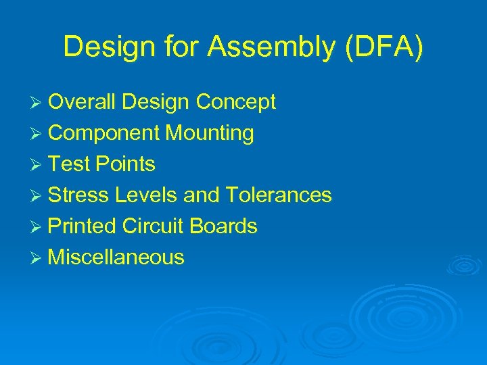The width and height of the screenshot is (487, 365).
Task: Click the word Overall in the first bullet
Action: point(85,102)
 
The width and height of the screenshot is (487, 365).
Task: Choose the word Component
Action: point(105,133)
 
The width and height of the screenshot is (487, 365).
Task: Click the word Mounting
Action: point(210,133)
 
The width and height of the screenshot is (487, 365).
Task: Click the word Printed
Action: point(83,226)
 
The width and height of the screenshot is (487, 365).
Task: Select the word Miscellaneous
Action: point(116,258)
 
